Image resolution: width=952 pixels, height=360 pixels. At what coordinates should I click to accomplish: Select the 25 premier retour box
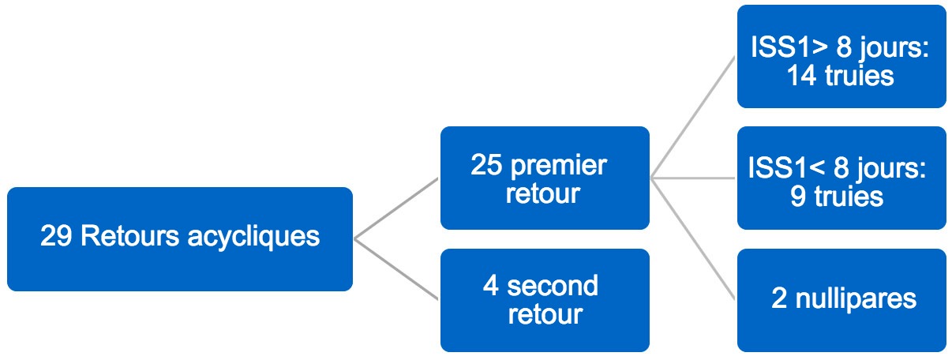click(x=545, y=178)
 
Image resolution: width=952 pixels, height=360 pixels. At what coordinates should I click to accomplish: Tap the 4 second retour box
click(x=545, y=300)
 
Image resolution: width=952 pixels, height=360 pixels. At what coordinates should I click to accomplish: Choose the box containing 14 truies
click(x=841, y=56)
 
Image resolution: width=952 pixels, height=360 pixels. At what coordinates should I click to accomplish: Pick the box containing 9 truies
click(x=841, y=178)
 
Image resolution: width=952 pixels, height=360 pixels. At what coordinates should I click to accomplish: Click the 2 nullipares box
click(x=841, y=300)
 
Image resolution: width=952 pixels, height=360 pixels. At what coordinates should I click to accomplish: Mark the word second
click(x=553, y=286)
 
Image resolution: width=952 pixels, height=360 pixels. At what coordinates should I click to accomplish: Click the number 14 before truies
click(x=802, y=76)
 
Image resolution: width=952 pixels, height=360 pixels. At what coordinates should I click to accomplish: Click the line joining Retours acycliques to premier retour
click(x=396, y=208)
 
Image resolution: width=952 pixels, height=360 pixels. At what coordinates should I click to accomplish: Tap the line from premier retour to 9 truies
click(x=693, y=178)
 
